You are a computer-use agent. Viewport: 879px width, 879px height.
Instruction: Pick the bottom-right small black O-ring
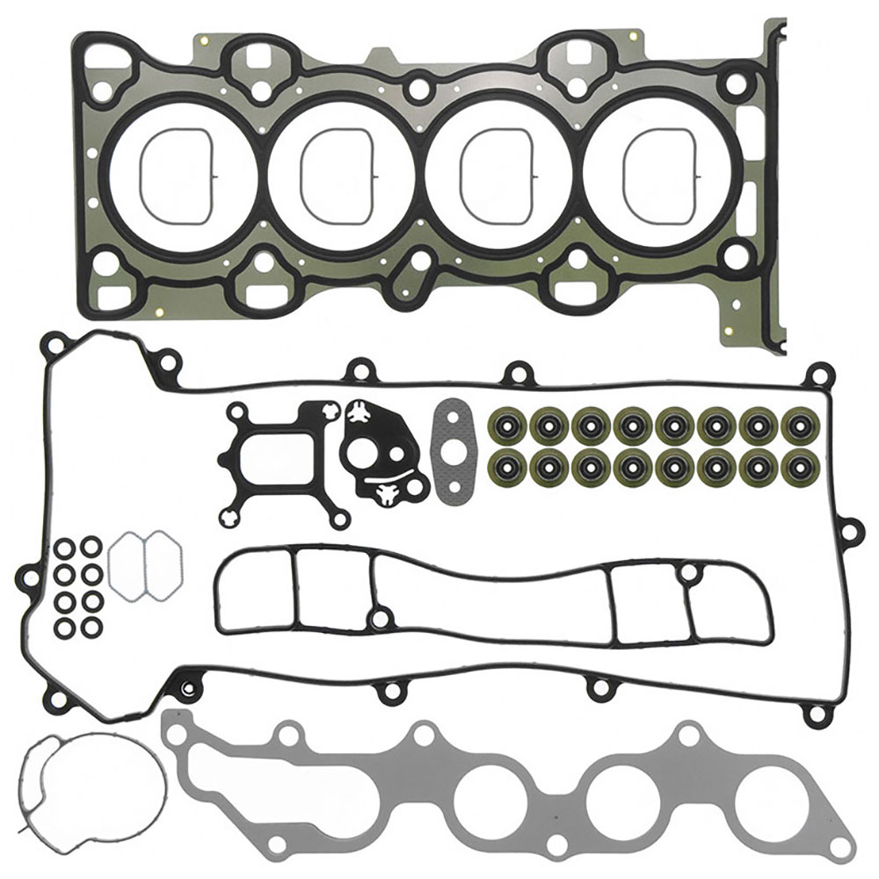point(90,629)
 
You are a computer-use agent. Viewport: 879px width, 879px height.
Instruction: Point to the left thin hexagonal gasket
point(125,566)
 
